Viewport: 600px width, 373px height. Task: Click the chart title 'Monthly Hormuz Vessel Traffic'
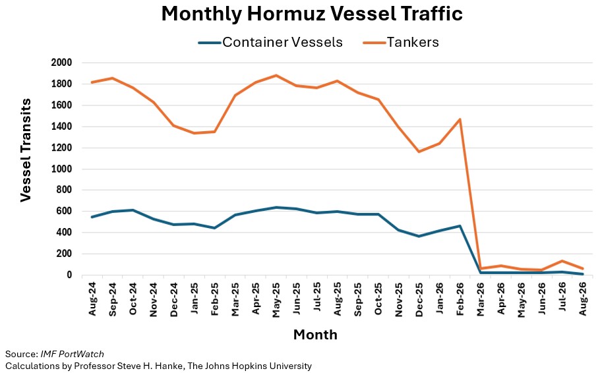click(x=312, y=14)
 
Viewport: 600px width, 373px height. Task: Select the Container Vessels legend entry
click(x=270, y=42)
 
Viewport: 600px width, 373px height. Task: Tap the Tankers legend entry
click(x=401, y=42)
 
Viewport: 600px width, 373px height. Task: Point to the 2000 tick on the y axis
click(x=61, y=63)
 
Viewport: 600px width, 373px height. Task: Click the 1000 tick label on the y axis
click(x=61, y=169)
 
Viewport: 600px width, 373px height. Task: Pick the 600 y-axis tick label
click(x=64, y=211)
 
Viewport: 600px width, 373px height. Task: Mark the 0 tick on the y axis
click(x=69, y=275)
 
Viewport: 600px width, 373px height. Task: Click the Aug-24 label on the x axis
click(x=92, y=299)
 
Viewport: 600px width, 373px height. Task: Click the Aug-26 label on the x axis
click(x=582, y=299)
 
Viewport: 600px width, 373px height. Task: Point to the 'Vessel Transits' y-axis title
click(x=26, y=150)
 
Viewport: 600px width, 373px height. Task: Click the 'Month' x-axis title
click(x=315, y=335)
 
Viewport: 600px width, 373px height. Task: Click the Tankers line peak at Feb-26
click(x=460, y=119)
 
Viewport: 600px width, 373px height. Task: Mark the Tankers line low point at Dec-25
click(x=419, y=152)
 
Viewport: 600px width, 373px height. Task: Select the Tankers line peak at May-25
click(x=276, y=75)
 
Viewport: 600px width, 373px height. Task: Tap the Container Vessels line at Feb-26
click(x=460, y=226)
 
